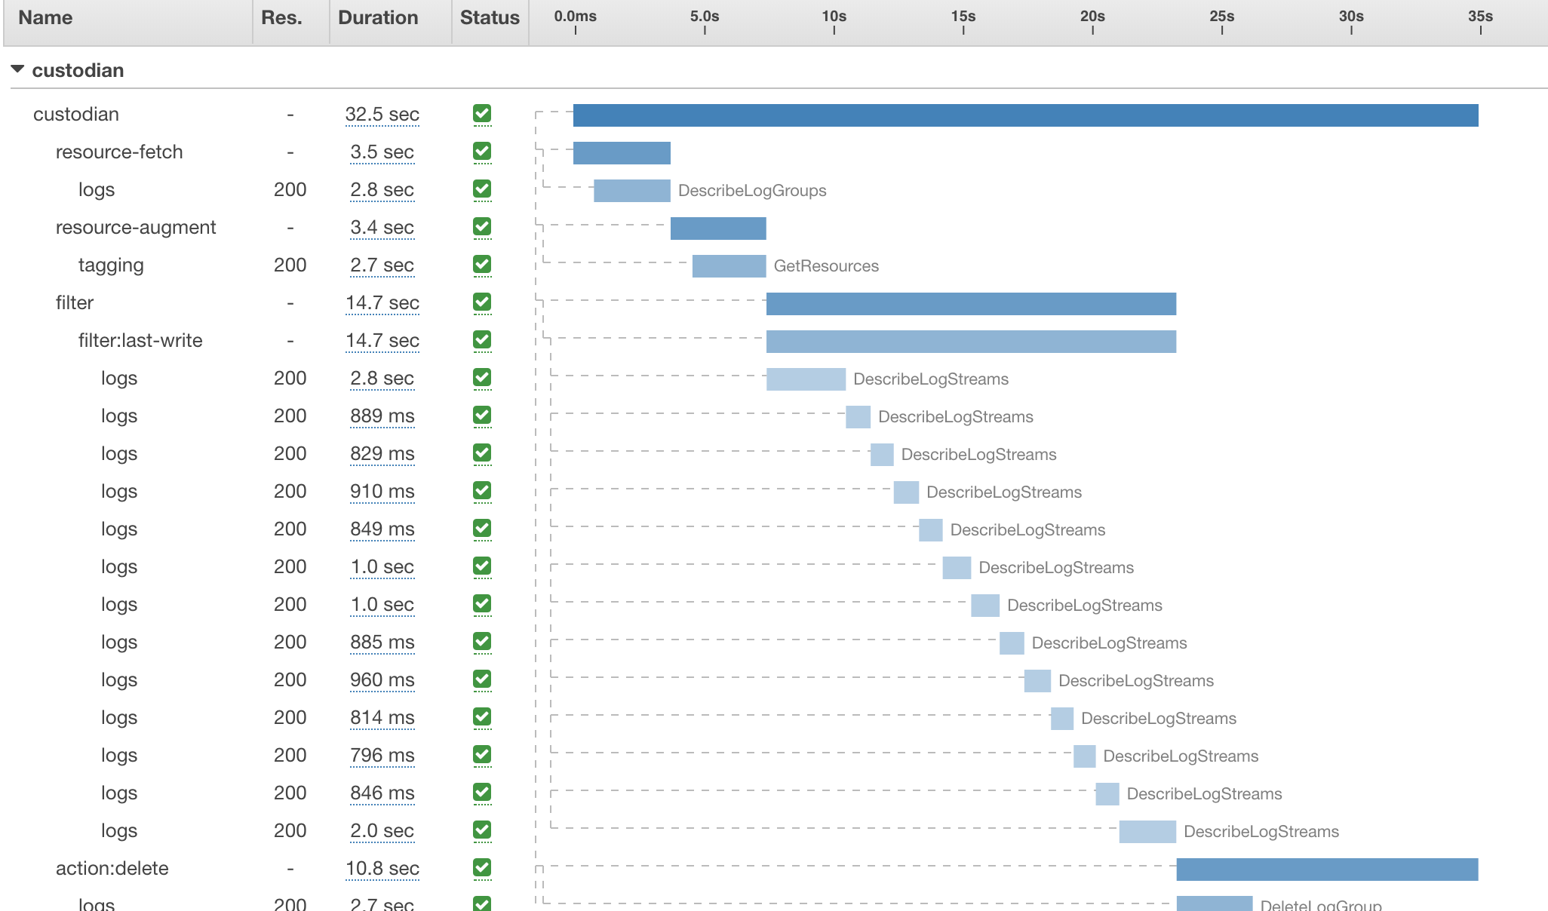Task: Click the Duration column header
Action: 377,18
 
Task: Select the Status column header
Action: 490,18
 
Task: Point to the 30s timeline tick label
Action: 1351,17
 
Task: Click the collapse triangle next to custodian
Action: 17,69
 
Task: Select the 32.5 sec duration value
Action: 382,115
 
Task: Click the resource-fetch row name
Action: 119,152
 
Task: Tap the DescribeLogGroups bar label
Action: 752,191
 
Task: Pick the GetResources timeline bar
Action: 729,266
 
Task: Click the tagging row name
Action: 111,265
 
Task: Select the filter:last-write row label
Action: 140,341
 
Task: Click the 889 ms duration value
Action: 382,416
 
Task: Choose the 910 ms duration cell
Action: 382,492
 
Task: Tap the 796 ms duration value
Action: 382,756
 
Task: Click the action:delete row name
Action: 112,869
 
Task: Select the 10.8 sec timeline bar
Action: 1327,870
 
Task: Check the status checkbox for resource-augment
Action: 482,227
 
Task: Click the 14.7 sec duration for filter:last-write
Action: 382,341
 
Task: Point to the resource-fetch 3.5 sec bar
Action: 622,153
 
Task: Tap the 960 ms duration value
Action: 382,680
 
